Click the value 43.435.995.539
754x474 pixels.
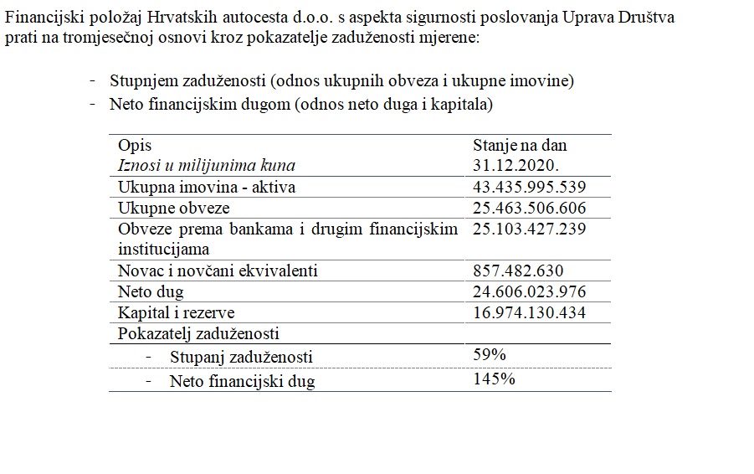530,187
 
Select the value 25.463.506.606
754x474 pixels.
530,208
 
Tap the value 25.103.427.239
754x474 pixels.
530,229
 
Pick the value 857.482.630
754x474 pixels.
519,270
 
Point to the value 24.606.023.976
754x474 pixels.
530,291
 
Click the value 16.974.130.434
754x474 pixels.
530,312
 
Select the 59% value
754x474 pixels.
490,355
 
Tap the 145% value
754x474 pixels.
494,379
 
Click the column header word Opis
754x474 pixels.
135,145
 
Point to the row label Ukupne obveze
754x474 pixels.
174,208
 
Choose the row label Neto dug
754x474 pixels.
151,292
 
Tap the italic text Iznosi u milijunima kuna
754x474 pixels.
207,165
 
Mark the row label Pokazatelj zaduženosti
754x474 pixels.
198,334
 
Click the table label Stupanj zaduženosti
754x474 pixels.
241,358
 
